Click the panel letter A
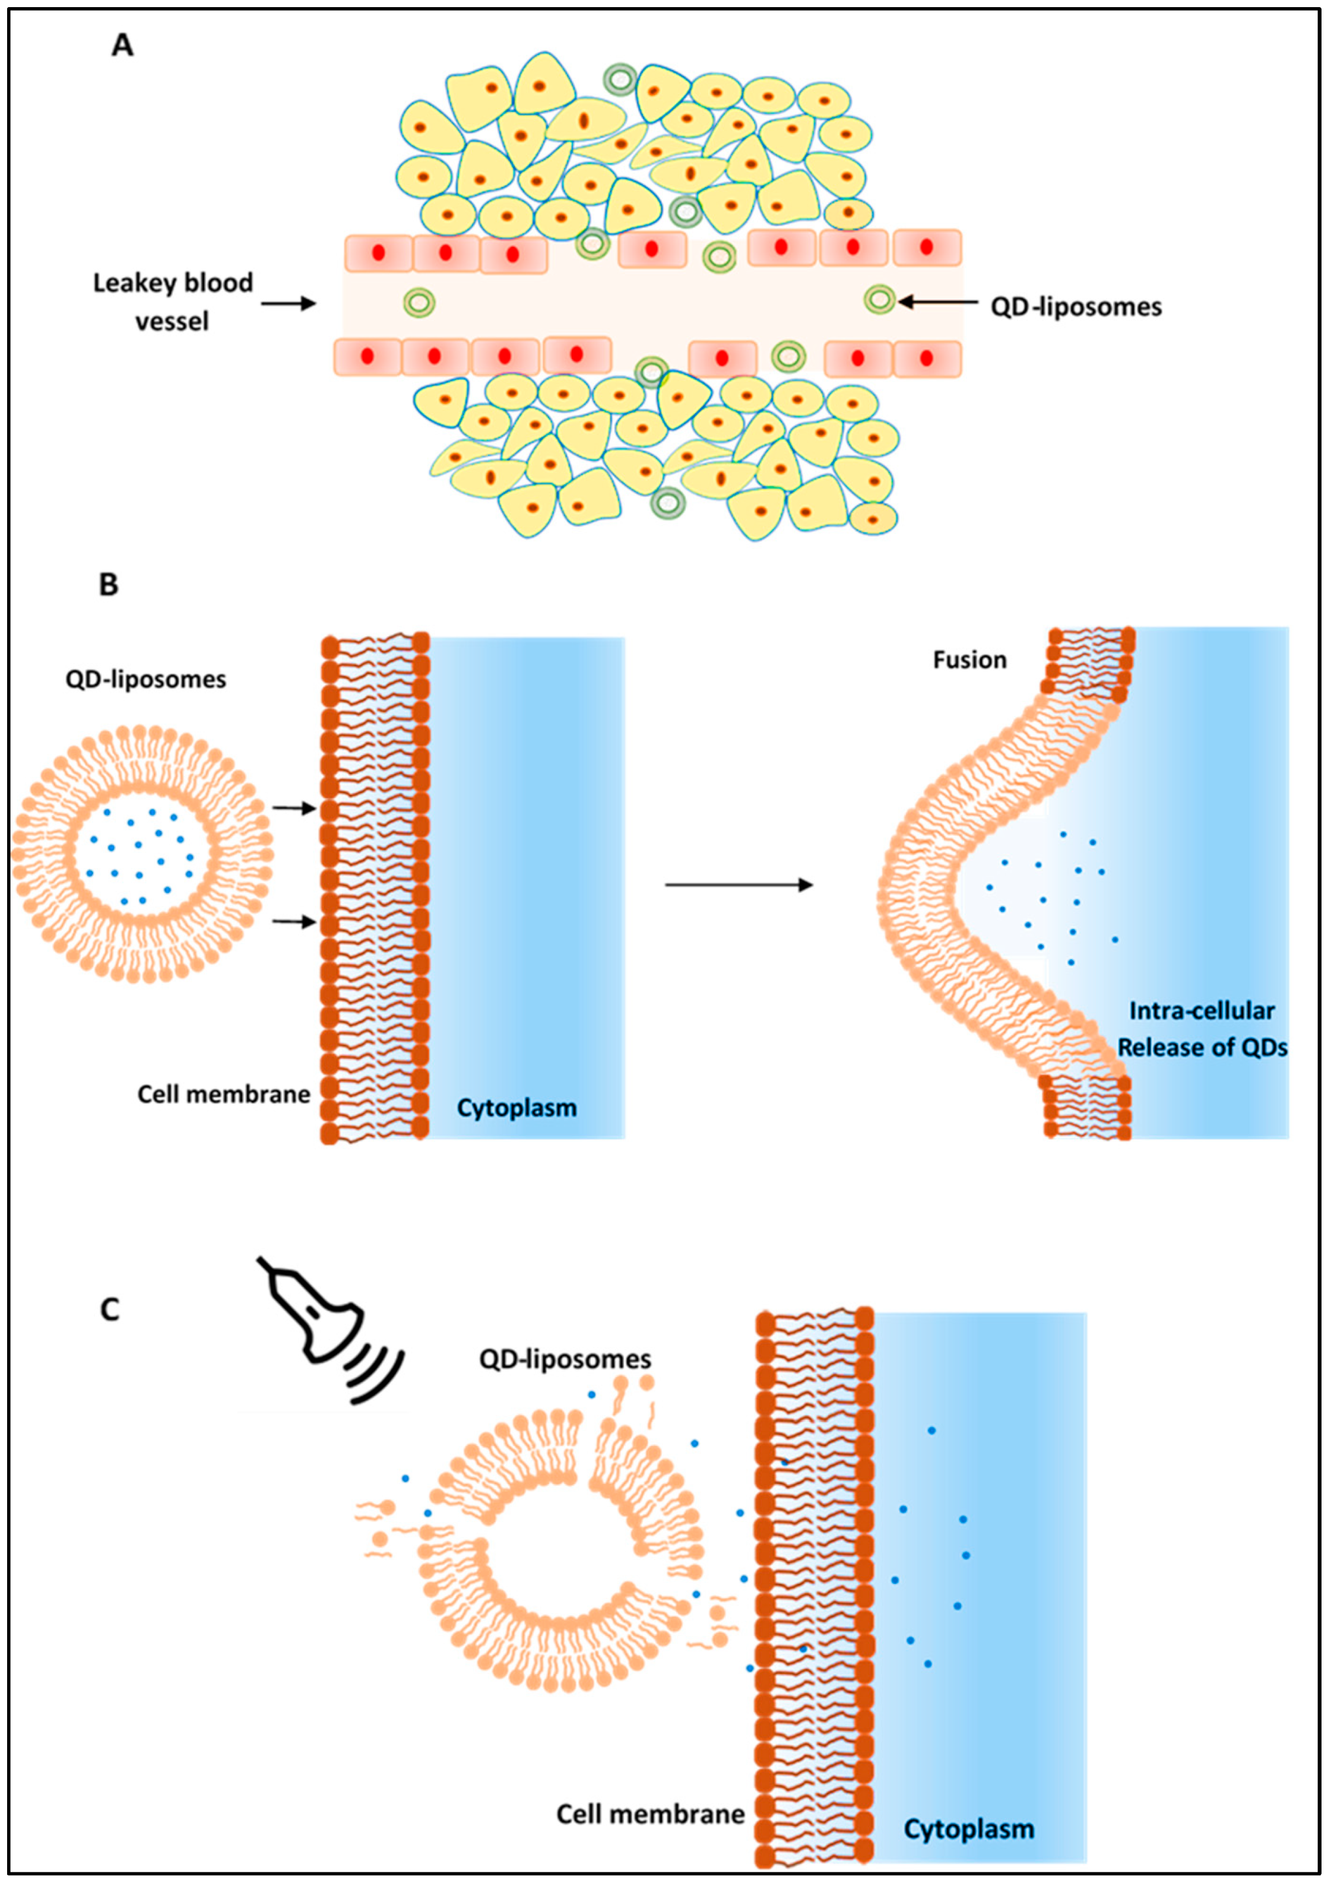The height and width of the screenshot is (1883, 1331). click(122, 45)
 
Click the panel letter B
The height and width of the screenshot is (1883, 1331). click(108, 585)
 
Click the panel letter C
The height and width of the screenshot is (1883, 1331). click(109, 1309)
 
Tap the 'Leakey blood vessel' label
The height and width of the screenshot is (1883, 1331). click(172, 301)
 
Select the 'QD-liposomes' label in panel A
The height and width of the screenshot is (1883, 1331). click(1076, 307)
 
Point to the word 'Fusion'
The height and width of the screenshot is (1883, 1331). click(969, 660)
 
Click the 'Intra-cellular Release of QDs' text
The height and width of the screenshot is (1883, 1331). click(1202, 1029)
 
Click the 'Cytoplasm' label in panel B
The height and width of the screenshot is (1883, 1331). click(516, 1108)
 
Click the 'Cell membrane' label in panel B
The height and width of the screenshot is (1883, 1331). click(223, 1094)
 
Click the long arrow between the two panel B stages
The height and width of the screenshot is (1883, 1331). click(738, 885)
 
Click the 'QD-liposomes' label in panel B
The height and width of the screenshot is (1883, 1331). click(146, 680)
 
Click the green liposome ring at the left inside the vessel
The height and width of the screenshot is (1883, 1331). click(419, 303)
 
